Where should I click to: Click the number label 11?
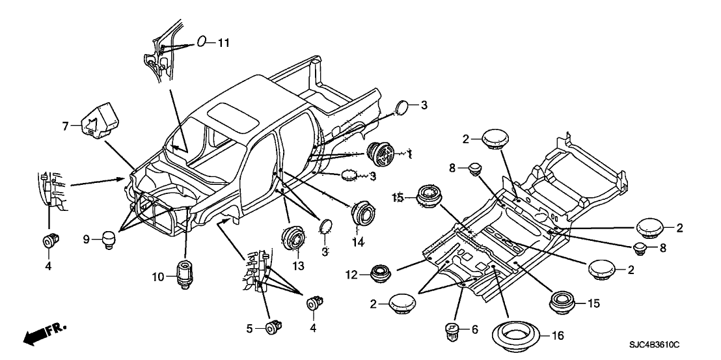pyautogui.click(x=223, y=43)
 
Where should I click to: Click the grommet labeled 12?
pyautogui.click(x=379, y=274)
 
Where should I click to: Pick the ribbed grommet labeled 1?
pyautogui.click(x=383, y=154)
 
